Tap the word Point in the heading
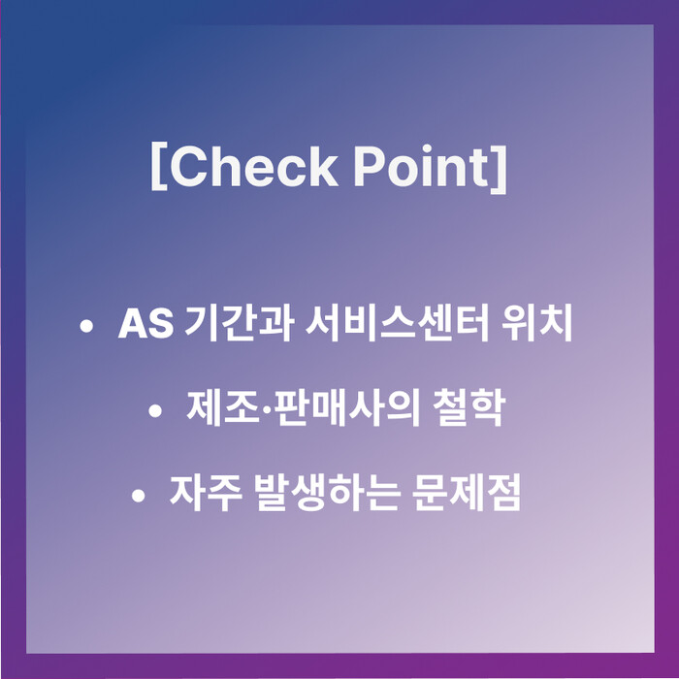coord(421,166)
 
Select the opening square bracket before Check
coord(159,168)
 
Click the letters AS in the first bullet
coord(145,323)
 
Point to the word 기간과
coord(239,323)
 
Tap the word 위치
coord(537,323)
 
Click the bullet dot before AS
coord(86,326)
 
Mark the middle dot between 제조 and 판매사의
coord(267,409)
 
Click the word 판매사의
coord(347,407)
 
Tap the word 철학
coord(469,407)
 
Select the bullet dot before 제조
coord(155,410)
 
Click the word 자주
coord(206,493)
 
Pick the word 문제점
coord(467,493)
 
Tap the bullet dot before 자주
coord(138,496)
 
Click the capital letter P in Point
coord(371,167)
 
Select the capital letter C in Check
coord(188,167)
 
